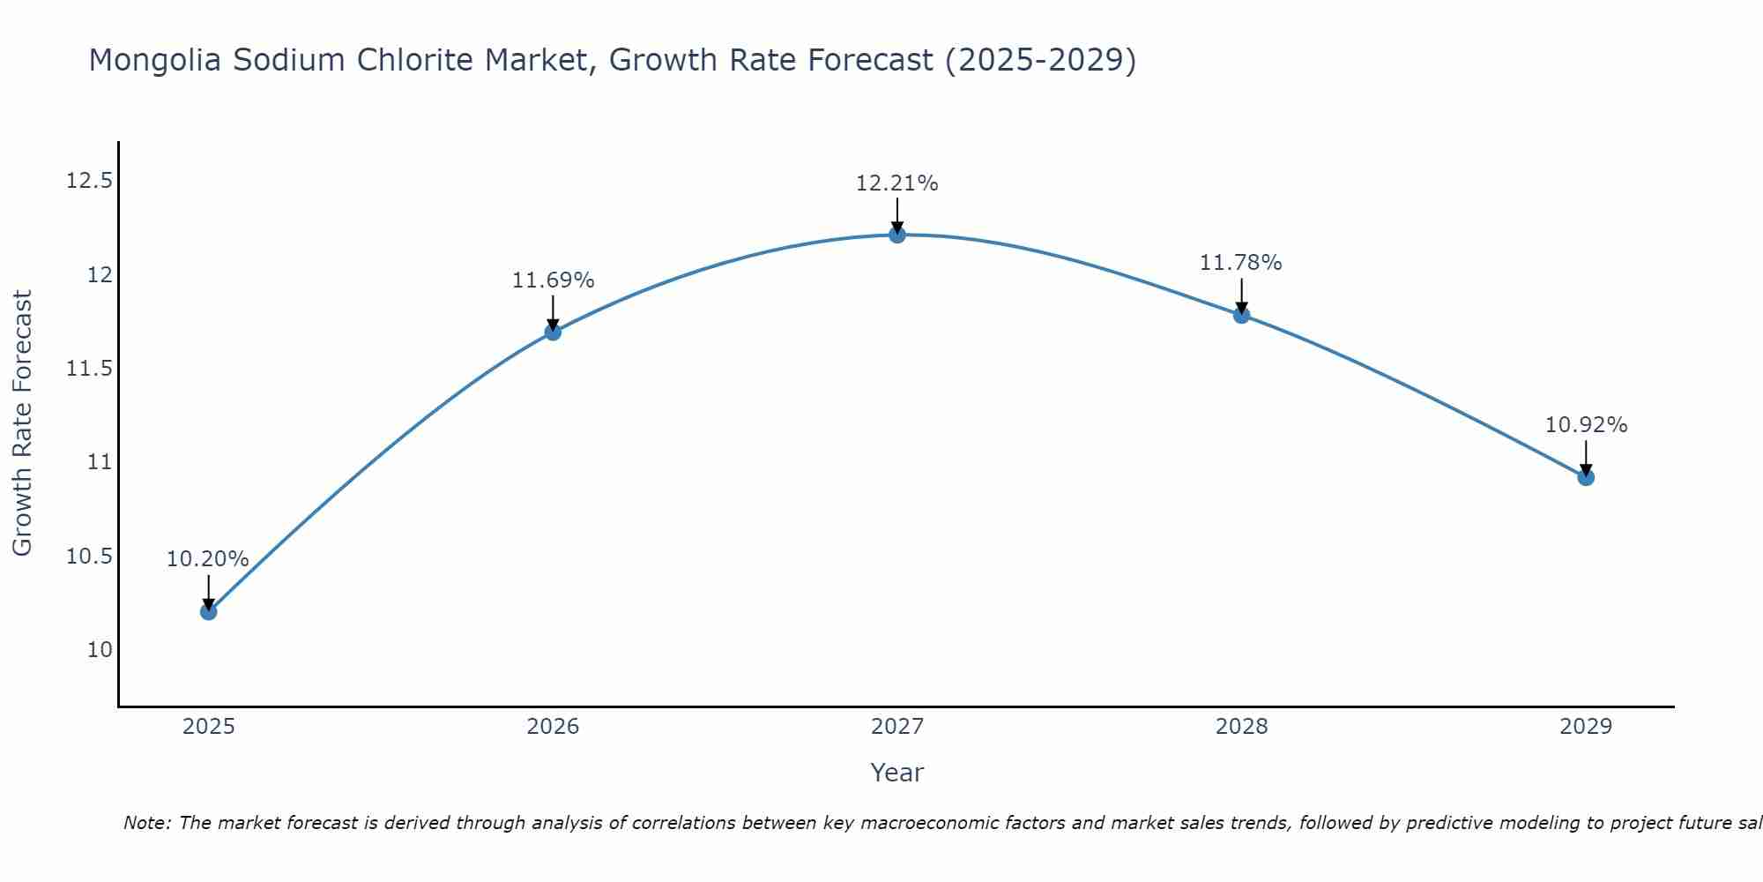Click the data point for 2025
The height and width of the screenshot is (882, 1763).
point(208,611)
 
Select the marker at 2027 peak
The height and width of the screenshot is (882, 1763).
point(897,235)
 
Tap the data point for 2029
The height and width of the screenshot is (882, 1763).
point(1586,477)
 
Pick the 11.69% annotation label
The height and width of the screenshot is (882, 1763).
point(553,280)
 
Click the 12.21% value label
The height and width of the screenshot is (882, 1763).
point(896,183)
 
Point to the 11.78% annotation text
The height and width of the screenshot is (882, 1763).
point(1240,263)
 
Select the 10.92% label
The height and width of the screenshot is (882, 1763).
point(1586,425)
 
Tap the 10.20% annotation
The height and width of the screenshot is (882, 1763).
point(208,559)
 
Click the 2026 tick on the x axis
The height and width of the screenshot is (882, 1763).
point(553,727)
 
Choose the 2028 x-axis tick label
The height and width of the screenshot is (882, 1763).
point(1241,727)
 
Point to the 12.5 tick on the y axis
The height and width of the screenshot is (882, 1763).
point(90,182)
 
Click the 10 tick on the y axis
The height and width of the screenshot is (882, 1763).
point(100,650)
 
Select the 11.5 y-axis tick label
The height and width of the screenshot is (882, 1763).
point(90,369)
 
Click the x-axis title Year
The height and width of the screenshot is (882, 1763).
point(896,773)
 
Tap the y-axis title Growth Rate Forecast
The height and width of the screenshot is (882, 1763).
point(22,423)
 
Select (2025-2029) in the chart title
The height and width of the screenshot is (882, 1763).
point(1040,61)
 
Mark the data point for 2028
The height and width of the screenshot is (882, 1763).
point(1241,315)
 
